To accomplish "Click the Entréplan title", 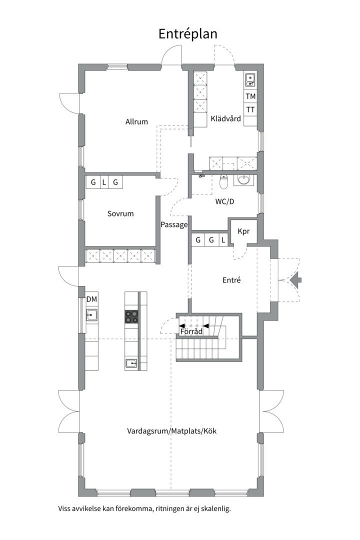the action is click(x=188, y=34).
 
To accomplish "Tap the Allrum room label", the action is click(x=136, y=121).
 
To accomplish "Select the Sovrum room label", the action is click(x=120, y=213).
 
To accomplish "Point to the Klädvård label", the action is click(x=225, y=119).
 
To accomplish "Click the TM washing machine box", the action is click(x=250, y=96).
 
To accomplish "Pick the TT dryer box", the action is click(x=250, y=109).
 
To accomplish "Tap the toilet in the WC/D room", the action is click(x=224, y=182).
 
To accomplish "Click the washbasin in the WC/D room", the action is click(x=243, y=180).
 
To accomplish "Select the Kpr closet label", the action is click(x=243, y=231).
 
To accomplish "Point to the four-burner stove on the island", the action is click(x=131, y=317).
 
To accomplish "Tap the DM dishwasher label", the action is click(x=91, y=299).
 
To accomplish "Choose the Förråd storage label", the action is click(x=191, y=331).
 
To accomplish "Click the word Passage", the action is click(x=174, y=225).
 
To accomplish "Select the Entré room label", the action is click(x=231, y=280).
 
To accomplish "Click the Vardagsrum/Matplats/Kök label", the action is click(x=171, y=431).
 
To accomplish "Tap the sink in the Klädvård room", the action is click(x=250, y=80).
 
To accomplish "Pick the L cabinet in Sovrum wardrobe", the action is click(x=104, y=182).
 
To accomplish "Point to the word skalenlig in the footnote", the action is click(x=216, y=508).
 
